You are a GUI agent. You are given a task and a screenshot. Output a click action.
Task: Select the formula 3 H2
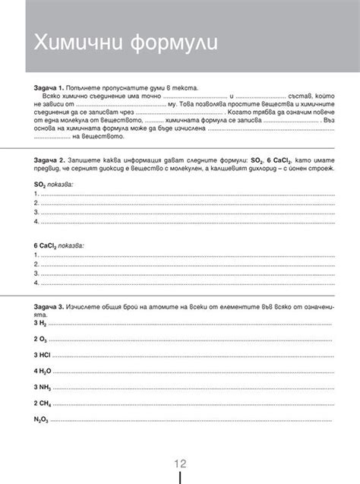point(40,323)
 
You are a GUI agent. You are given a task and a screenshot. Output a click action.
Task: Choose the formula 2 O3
point(40,339)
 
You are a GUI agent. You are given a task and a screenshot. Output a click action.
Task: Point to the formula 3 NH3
point(42,388)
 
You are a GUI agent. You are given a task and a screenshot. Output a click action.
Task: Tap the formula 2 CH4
point(42,403)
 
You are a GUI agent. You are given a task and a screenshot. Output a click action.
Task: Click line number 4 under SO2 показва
point(36,221)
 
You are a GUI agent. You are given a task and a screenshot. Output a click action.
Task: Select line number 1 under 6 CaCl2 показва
point(36,255)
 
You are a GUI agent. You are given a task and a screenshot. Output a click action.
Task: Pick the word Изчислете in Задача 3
point(85,305)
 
